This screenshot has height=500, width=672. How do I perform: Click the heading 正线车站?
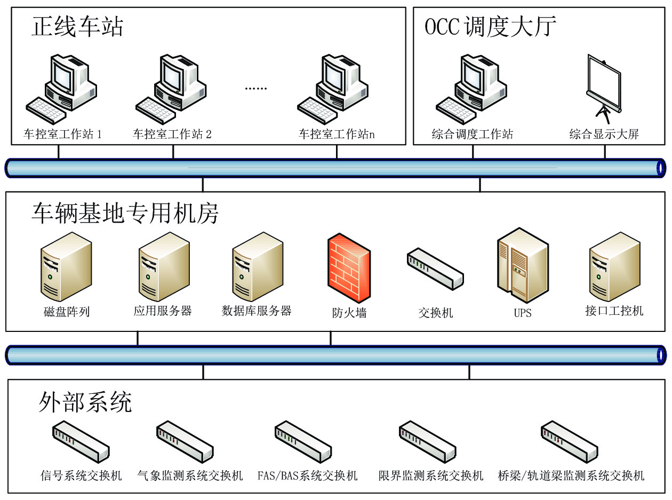point(77,26)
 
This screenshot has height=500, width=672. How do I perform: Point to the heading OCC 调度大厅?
point(490,26)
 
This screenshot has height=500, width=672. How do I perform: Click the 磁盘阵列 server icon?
point(64,267)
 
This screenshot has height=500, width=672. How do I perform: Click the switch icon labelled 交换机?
point(435,269)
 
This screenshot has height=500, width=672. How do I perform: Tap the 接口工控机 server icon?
point(614,267)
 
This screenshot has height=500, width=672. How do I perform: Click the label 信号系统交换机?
point(81,475)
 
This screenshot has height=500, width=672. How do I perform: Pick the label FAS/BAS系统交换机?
point(307,475)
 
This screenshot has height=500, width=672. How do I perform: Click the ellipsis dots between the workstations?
point(255,89)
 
